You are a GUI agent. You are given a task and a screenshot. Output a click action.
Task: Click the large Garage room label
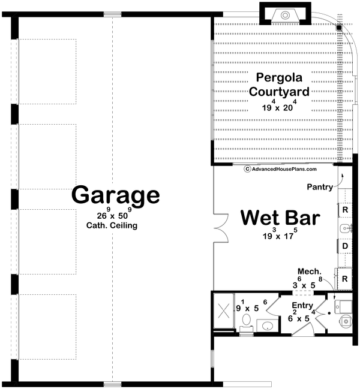116,195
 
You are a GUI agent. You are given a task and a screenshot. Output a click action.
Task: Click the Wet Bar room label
280,217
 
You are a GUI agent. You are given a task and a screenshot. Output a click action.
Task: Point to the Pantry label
320,187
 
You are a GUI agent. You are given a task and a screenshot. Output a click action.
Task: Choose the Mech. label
308,271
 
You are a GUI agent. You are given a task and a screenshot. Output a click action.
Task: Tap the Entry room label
303,306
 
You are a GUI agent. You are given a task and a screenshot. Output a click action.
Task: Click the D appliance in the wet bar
346,246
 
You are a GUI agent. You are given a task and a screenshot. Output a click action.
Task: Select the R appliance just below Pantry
346,210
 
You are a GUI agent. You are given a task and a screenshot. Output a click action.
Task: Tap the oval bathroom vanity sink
268,325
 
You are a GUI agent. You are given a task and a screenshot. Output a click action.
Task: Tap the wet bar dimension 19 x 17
280,236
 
